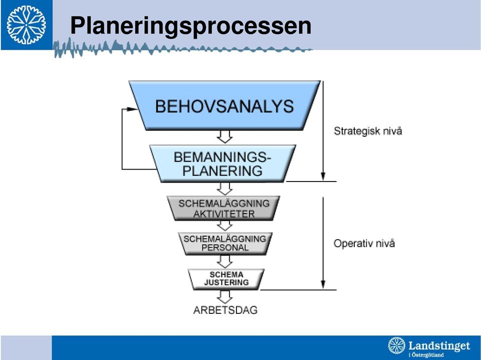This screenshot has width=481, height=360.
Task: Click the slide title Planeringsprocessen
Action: pyautogui.click(x=191, y=26)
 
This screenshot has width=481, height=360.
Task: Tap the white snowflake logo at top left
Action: pyautogui.click(x=26, y=25)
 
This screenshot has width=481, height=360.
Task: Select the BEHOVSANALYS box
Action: pyautogui.click(x=224, y=106)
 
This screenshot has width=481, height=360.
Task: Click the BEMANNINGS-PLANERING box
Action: pyautogui.click(x=222, y=163)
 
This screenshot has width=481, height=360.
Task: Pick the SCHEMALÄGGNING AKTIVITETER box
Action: pyautogui.click(x=223, y=209)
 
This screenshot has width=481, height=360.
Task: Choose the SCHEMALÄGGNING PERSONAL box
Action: pyautogui.click(x=225, y=243)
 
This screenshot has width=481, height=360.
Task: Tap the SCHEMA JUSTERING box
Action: pyautogui.click(x=226, y=279)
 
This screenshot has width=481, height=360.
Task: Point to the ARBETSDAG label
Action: pyautogui.click(x=225, y=310)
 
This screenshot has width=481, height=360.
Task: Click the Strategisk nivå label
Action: pyautogui.click(x=368, y=131)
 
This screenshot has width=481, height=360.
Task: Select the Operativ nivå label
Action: pyautogui.click(x=364, y=243)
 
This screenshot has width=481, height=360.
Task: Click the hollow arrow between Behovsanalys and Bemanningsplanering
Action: pyautogui.click(x=224, y=137)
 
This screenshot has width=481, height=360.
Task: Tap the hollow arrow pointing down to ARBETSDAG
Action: pyautogui.click(x=225, y=297)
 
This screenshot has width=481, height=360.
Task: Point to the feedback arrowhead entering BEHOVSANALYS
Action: pyautogui.click(x=132, y=109)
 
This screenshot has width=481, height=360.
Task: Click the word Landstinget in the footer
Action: pyautogui.click(x=439, y=345)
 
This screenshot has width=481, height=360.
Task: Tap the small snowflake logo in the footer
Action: pyautogui.click(x=397, y=345)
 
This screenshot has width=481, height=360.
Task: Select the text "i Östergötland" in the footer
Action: pyautogui.click(x=426, y=355)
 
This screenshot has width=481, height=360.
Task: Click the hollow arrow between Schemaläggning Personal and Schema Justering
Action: pyautogui.click(x=224, y=262)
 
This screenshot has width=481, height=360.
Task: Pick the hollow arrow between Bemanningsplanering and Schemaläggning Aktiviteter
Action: pyautogui.click(x=224, y=189)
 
